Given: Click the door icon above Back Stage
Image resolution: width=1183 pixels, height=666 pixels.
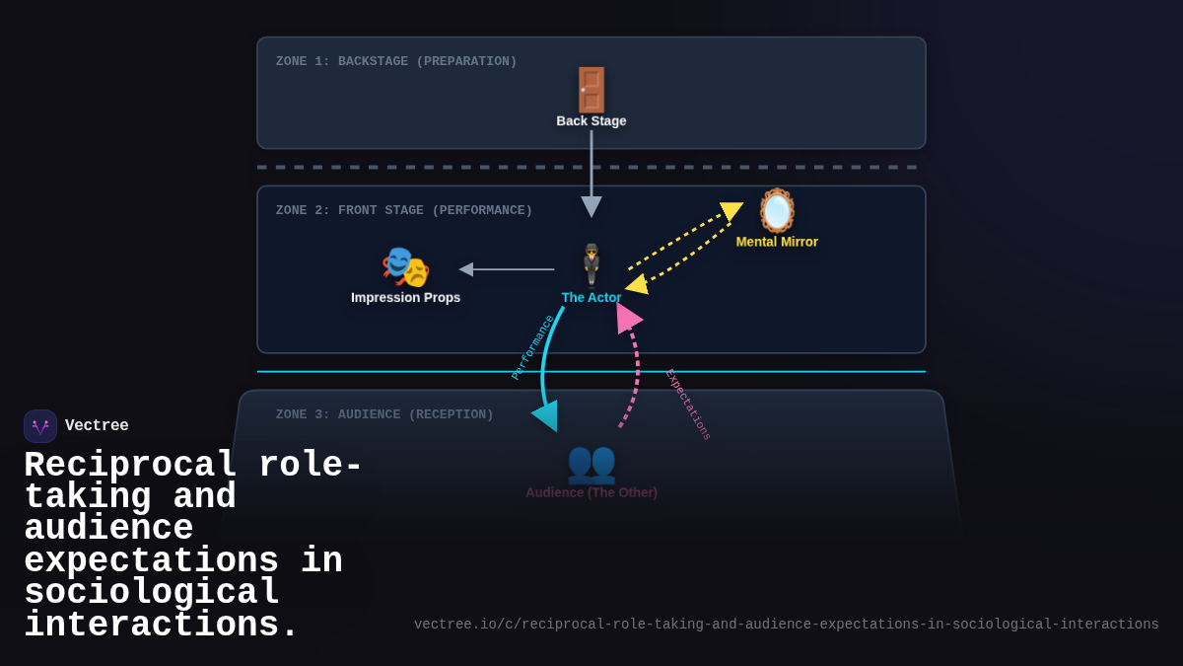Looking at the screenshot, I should pyautogui.click(x=591, y=90).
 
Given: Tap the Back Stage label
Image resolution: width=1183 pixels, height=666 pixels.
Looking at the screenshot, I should pyautogui.click(x=591, y=121).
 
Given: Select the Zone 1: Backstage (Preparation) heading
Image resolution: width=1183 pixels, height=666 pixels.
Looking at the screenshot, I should pyautogui.click(x=396, y=61).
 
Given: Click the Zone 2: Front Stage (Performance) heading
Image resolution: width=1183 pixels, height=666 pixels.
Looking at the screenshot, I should pyautogui.click(x=404, y=210).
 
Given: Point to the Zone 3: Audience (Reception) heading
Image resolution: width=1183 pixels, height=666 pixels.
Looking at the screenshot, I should pyautogui.click(x=384, y=414).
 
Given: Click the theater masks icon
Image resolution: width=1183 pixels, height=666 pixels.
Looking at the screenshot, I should pyautogui.click(x=405, y=267).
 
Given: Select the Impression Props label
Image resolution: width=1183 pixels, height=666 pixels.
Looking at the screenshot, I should pyautogui.click(x=405, y=297).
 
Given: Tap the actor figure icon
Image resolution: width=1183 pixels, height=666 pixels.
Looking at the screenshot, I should pyautogui.click(x=591, y=264).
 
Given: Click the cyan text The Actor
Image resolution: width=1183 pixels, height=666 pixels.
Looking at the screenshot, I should pyautogui.click(x=591, y=297).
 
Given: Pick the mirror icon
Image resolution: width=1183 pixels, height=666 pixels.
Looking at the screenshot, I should pyautogui.click(x=777, y=210).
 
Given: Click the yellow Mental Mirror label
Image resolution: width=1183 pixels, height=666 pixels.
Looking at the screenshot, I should pyautogui.click(x=777, y=242).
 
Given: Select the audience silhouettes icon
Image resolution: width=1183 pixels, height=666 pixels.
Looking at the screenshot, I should pyautogui.click(x=591, y=462).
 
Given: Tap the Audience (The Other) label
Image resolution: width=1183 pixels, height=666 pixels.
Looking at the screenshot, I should pyautogui.click(x=591, y=492).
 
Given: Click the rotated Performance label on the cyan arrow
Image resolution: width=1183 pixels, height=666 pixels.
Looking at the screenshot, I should pyautogui.click(x=532, y=347).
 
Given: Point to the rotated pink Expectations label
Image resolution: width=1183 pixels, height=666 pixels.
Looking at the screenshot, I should pyautogui.click(x=688, y=405).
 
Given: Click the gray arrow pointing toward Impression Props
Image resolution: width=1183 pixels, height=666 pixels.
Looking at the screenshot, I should pyautogui.click(x=507, y=269).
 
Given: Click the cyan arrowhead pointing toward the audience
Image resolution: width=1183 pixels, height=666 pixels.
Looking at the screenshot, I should pyautogui.click(x=546, y=415).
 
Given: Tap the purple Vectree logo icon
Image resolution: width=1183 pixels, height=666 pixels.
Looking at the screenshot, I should pyautogui.click(x=40, y=426).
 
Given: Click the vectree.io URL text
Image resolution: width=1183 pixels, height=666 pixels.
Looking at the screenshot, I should pyautogui.click(x=786, y=625).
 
